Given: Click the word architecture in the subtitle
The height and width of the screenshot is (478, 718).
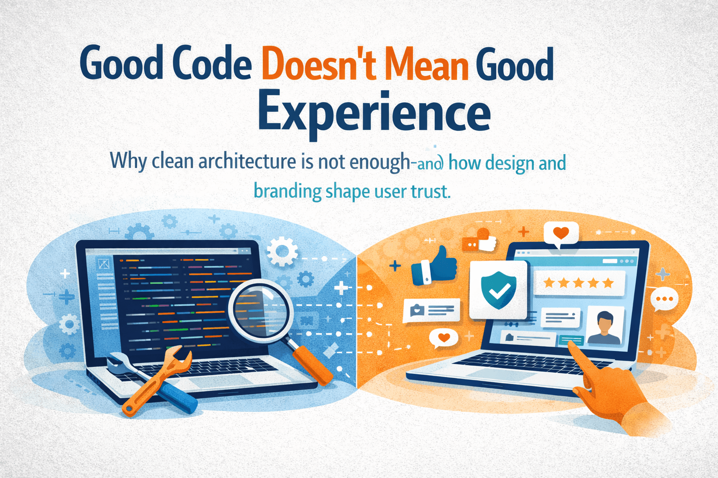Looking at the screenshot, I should click(x=247, y=161).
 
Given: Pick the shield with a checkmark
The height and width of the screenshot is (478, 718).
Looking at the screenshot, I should click(x=498, y=290).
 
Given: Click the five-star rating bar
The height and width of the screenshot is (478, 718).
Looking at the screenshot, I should click(x=579, y=283).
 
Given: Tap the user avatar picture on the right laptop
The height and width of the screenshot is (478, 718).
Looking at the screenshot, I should click(x=605, y=327).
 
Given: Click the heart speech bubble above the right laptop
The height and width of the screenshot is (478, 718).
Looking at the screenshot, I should click(x=561, y=233).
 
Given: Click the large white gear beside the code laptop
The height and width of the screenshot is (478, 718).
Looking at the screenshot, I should click(x=282, y=251).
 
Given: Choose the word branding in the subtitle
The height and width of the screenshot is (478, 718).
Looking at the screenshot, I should click(x=287, y=191).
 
